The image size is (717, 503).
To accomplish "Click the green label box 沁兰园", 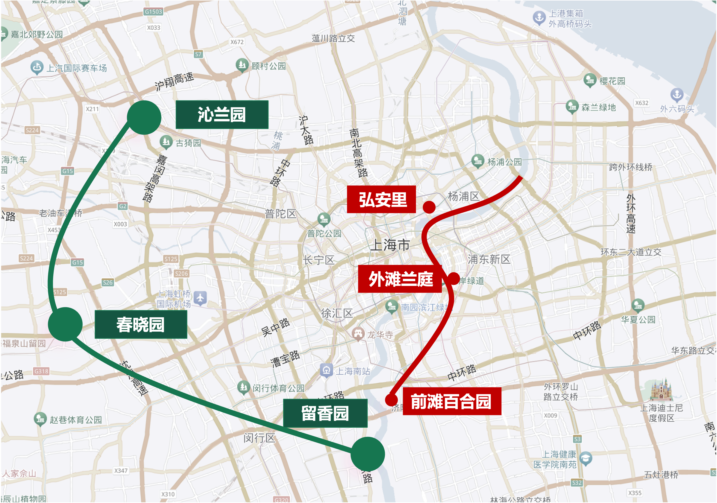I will [x=222, y=115].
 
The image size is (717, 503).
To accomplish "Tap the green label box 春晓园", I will [x=141, y=324].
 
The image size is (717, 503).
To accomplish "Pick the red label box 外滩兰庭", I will [x=400, y=279].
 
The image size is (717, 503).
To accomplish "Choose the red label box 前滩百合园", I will [x=452, y=401].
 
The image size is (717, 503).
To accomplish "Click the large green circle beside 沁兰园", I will [x=144, y=118].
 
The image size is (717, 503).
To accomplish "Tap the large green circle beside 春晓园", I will [x=65, y=324].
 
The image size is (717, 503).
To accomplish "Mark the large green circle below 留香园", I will [x=368, y=454].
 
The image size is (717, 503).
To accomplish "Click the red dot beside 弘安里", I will [x=429, y=207].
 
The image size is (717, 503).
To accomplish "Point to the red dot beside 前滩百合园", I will [x=391, y=399].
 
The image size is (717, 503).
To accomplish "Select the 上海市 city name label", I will [x=390, y=245].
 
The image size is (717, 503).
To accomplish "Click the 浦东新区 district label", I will [x=489, y=259].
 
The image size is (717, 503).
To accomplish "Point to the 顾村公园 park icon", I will [x=242, y=65].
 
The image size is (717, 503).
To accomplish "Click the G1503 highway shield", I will [x=153, y=12].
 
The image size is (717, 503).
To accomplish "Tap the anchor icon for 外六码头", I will [x=677, y=94].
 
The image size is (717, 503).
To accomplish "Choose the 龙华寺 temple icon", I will [x=358, y=334].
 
